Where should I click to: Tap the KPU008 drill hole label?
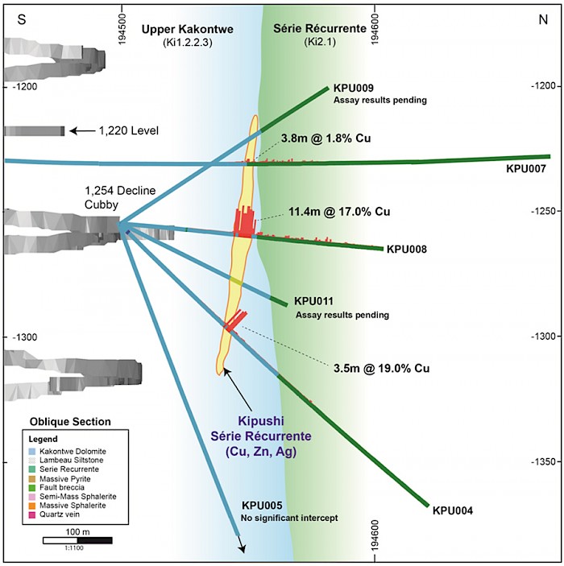tap(407, 250)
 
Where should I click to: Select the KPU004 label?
tap(452, 510)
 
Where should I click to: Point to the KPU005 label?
tap(261, 505)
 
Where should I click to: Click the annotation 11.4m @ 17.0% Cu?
tap(338, 213)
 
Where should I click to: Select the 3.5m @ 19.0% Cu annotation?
tap(380, 369)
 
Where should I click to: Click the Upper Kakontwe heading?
tap(187, 29)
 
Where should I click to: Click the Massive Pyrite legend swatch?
tap(31, 480)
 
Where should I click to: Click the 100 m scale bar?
tap(77, 540)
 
